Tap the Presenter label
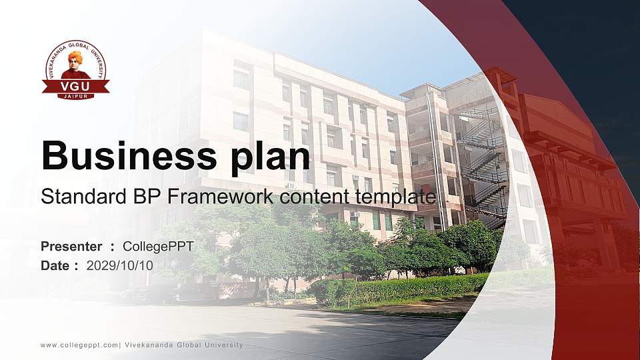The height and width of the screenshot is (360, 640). pos(71,247)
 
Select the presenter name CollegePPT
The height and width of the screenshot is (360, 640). pos(159,247)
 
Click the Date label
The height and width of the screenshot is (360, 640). pos(55,265)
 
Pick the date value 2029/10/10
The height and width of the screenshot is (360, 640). pos(120,265)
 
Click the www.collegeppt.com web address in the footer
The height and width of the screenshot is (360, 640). pos(79,345)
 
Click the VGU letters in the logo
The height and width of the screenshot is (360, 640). pos(75,85)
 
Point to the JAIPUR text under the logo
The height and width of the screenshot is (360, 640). pos(75,96)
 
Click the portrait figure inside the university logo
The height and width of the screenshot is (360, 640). pos(75,63)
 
